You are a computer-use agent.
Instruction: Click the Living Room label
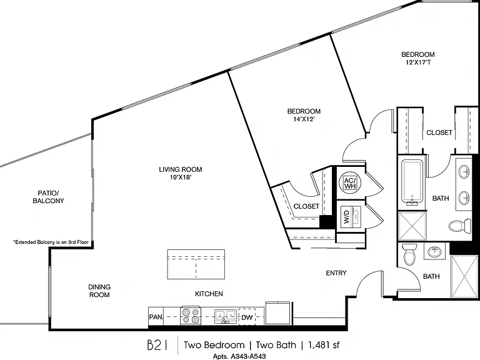point(181,169)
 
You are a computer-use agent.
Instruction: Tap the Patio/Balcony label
point(48,197)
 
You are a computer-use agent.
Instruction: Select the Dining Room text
point(99,291)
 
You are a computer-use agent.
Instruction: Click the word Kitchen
point(209,294)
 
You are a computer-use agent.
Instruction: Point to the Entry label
point(336,273)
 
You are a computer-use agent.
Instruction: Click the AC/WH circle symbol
point(350,182)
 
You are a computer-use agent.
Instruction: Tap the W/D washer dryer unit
point(351,217)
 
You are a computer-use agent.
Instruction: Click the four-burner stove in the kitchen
point(191,316)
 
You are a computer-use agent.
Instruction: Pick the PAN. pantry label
point(156,317)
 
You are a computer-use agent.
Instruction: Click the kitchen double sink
point(225,316)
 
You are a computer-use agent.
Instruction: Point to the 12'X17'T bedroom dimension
point(418,62)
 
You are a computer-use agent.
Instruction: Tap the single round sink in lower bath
point(434,251)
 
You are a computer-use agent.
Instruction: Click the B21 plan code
point(157,345)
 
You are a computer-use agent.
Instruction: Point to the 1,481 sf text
point(324,345)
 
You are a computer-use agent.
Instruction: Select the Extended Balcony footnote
point(51,242)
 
